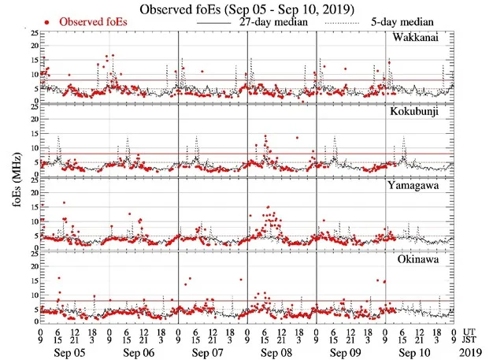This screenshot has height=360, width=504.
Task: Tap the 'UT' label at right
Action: pyautogui.click(x=471, y=330)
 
